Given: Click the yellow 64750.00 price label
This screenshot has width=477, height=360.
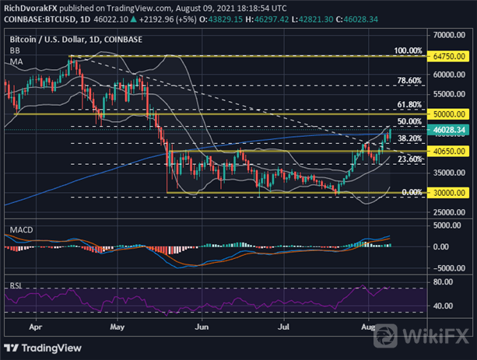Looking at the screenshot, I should pyautogui.click(x=452, y=56).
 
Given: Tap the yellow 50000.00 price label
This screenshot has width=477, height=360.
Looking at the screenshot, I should pyautogui.click(x=452, y=114).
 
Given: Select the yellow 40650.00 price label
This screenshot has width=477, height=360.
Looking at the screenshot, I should pyautogui.click(x=452, y=151).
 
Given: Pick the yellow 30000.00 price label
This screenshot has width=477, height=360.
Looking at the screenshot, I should pyautogui.click(x=452, y=192).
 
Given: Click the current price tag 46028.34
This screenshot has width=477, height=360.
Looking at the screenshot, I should pyautogui.click(x=452, y=129).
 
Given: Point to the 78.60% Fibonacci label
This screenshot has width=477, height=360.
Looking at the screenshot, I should pyautogui.click(x=409, y=80).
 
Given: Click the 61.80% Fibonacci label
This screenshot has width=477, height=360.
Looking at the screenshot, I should pyautogui.click(x=409, y=103).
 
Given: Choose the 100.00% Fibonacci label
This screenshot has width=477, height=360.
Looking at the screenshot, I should pyautogui.click(x=407, y=51).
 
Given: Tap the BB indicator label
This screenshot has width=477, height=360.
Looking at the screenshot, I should pyautogui.click(x=15, y=49).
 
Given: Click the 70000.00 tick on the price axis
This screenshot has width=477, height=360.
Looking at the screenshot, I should pyautogui.click(x=452, y=36).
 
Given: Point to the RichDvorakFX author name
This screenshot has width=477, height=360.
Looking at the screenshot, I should pyautogui.click(x=31, y=8).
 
